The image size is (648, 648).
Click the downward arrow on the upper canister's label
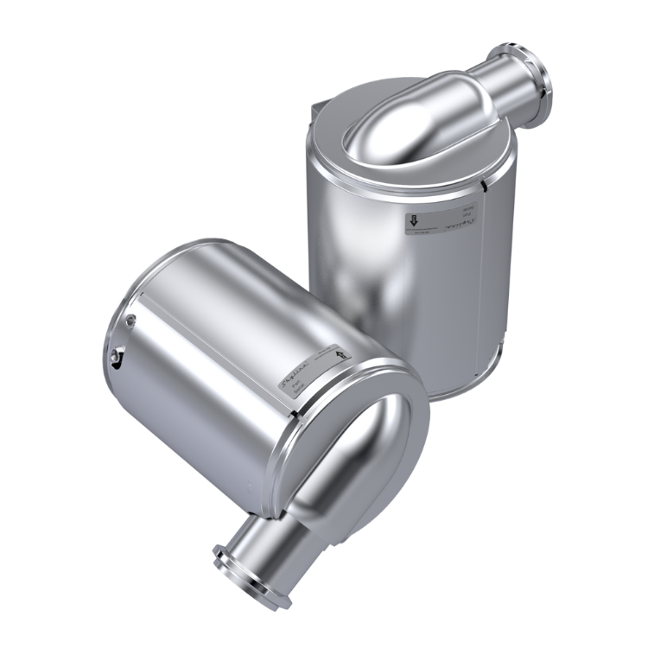[414, 221]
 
